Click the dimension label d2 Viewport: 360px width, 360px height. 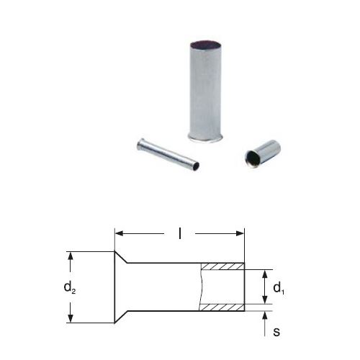(70, 287)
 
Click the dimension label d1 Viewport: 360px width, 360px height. (279, 287)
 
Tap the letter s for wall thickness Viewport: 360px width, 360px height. (276, 332)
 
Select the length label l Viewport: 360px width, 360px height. (180, 233)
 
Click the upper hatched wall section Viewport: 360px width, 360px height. (222, 266)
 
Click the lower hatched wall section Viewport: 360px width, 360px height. (222, 307)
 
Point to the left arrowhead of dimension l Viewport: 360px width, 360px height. (120, 233)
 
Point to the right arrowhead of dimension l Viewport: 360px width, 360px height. (240, 233)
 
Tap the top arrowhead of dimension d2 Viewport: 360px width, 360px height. (70, 256)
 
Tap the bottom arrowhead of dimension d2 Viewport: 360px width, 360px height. (70, 318)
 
